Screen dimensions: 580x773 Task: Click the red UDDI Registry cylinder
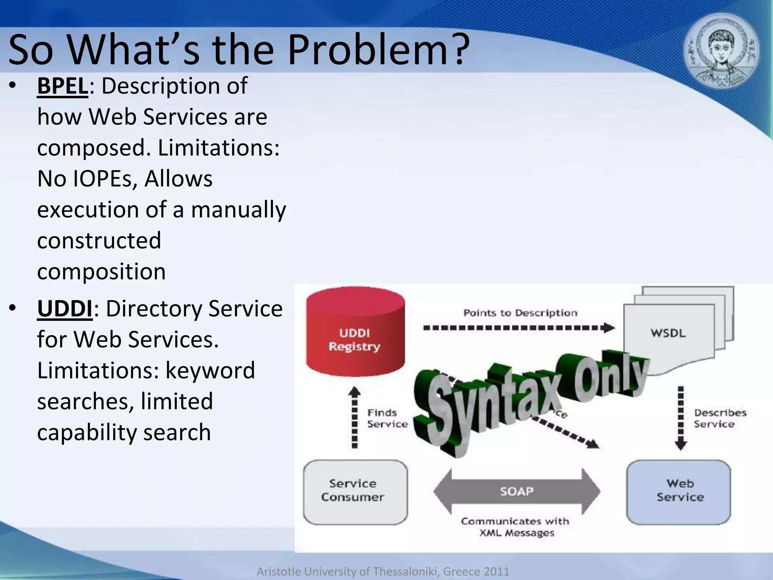pos(355,332)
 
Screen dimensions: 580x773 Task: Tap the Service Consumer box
pos(355,492)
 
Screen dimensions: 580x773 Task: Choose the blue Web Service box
pos(679,492)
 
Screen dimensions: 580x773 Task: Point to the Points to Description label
pos(520,313)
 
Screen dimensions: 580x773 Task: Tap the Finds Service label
pos(387,418)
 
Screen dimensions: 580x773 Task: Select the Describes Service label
pos(719,418)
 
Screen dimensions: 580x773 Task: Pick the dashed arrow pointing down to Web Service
pos(681,417)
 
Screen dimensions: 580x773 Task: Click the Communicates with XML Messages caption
pos(516,527)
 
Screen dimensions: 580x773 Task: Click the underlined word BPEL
pos(63,86)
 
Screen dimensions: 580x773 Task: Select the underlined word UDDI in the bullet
pos(65,309)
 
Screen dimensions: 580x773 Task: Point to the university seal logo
pos(721,52)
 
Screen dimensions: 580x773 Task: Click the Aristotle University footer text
pos(383,571)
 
